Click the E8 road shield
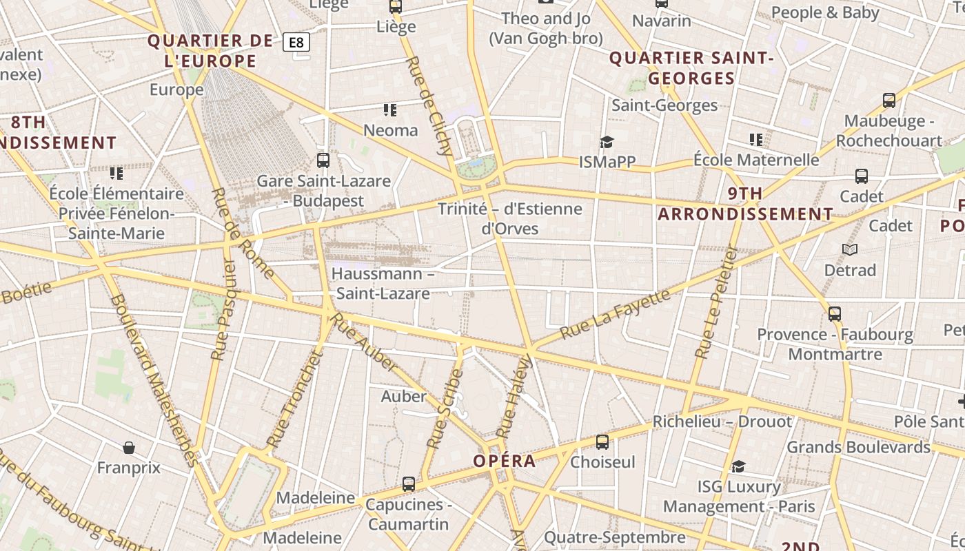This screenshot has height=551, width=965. click(x=296, y=43)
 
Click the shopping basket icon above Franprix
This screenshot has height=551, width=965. click(x=128, y=448)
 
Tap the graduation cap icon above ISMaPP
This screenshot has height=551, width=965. click(x=607, y=142)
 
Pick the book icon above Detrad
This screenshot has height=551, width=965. click(x=850, y=249)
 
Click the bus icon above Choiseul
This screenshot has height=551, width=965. click(x=602, y=442)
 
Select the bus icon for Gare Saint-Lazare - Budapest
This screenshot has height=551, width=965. click(x=323, y=160)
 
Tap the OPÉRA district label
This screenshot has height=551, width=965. click(x=505, y=461)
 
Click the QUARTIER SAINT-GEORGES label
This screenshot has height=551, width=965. click(x=691, y=68)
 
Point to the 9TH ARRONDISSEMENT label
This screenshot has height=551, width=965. click(x=745, y=204)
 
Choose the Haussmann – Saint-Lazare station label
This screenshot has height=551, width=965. click(x=383, y=283)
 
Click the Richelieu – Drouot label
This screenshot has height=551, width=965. click(x=722, y=422)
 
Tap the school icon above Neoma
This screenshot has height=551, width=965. click(x=390, y=110)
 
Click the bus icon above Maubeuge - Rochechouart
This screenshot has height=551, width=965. click(x=889, y=101)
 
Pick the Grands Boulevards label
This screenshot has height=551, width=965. click(x=858, y=447)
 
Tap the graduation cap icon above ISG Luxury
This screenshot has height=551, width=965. click(x=738, y=467)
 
